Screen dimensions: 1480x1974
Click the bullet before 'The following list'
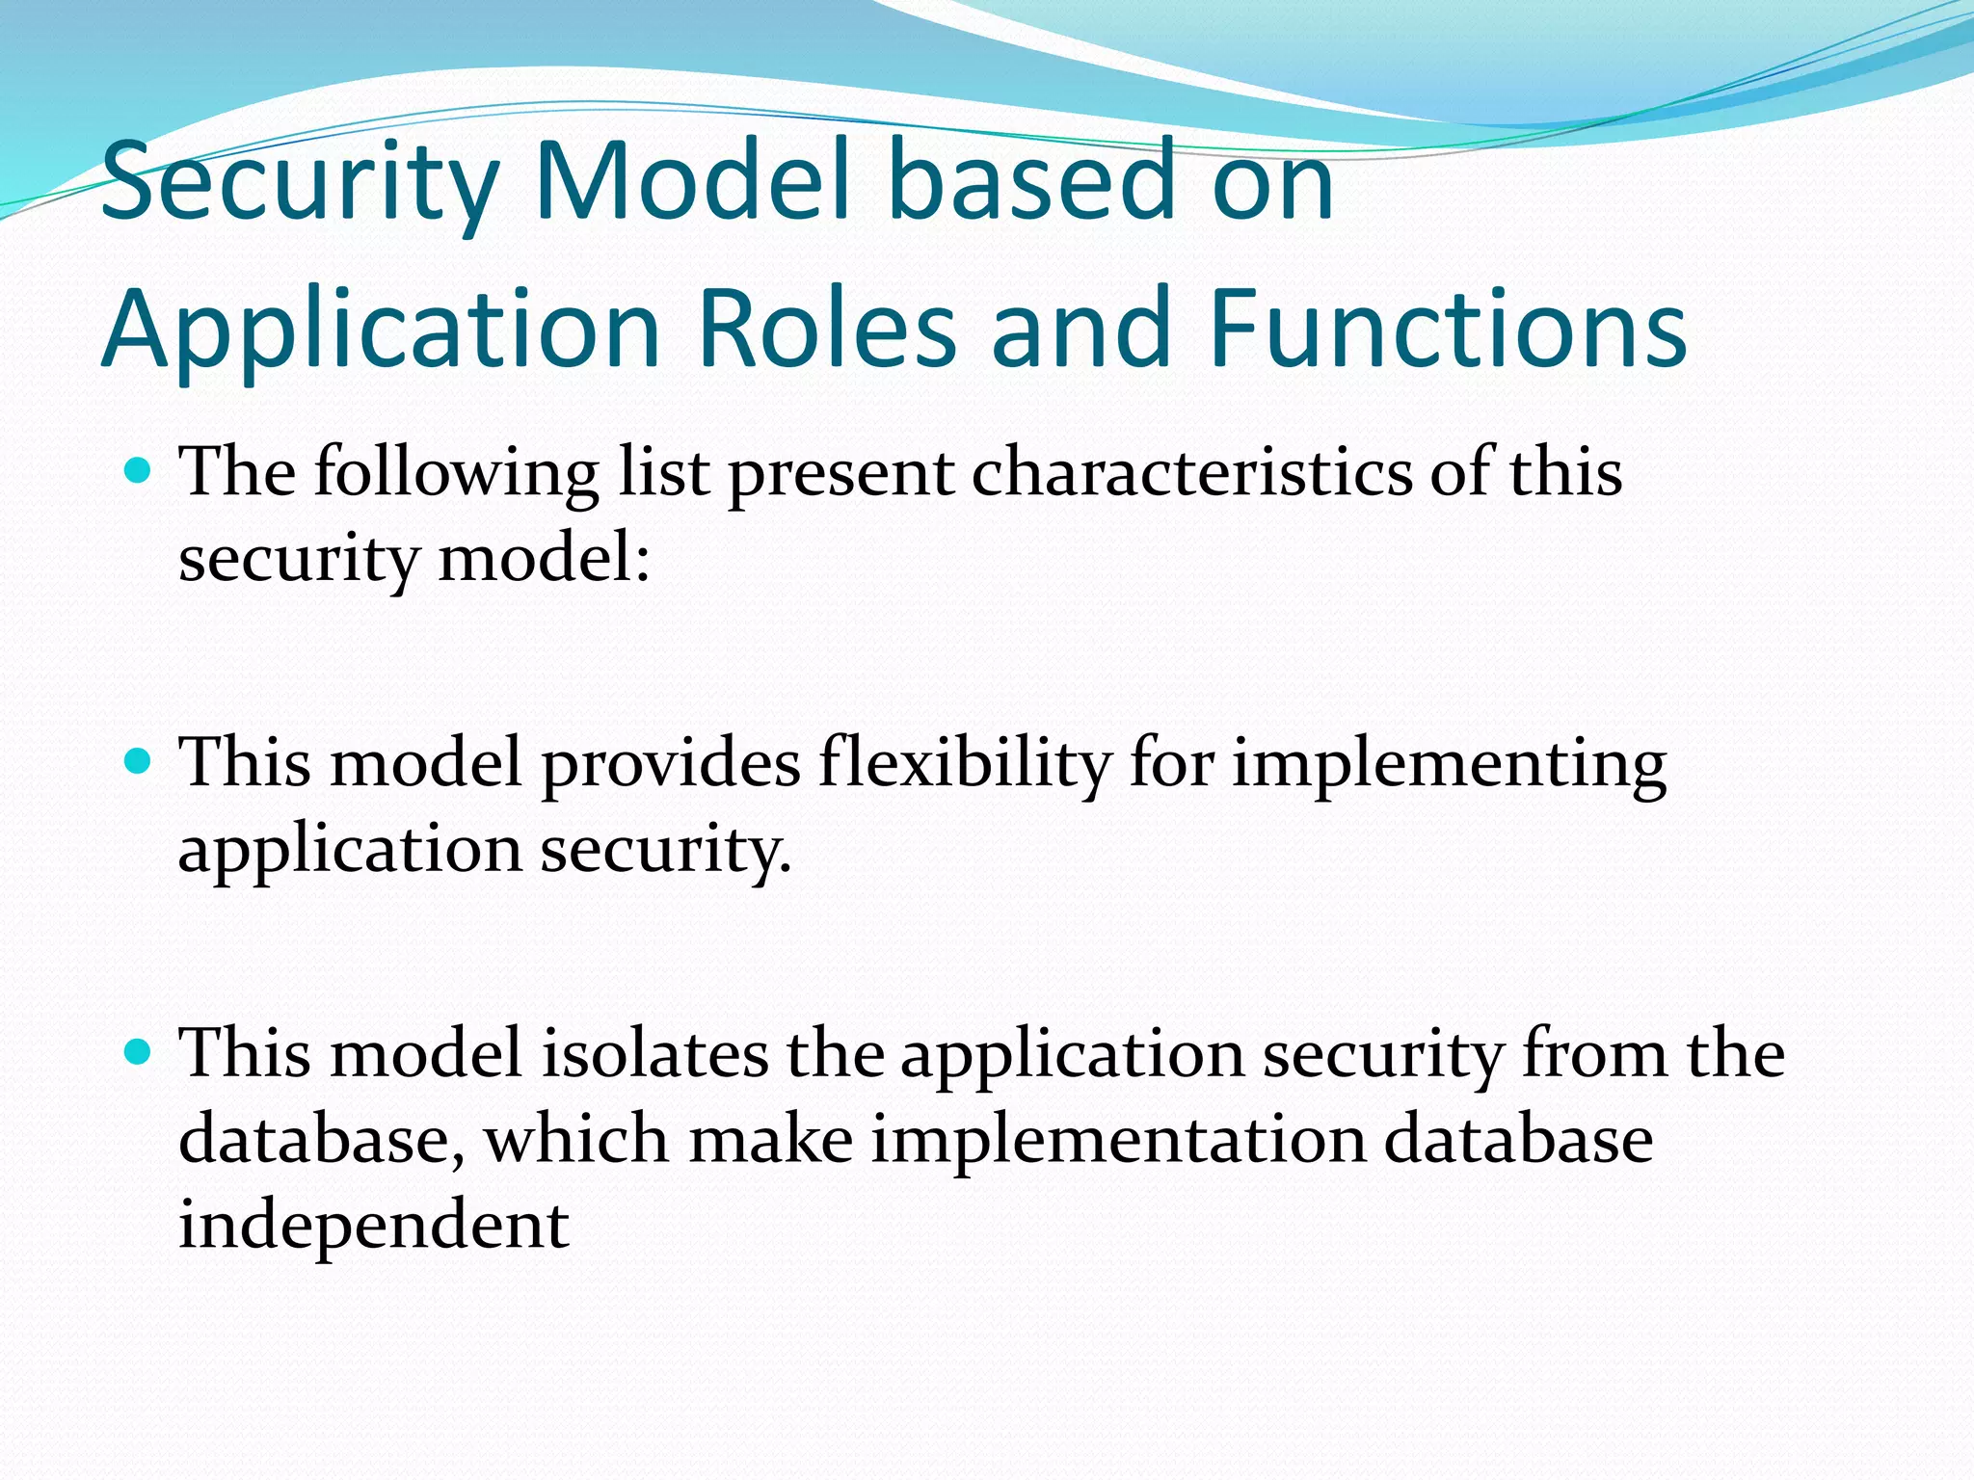tap(140, 471)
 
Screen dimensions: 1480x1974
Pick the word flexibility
tap(965, 763)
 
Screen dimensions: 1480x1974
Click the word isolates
tap(654, 1052)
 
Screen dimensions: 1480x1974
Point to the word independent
tap(374, 1226)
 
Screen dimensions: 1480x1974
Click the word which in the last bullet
tap(576, 1139)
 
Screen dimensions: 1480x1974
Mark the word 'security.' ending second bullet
tap(665, 851)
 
